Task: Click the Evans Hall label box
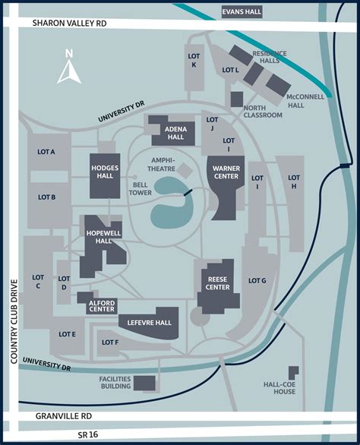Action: [x=242, y=12]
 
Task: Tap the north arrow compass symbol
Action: [x=69, y=68]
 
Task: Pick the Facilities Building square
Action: [x=144, y=382]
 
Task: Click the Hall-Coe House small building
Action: [x=293, y=372]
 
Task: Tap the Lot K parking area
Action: [x=194, y=60]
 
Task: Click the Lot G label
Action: [x=257, y=281]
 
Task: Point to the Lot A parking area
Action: [x=46, y=152]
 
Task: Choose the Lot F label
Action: [x=110, y=342]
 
